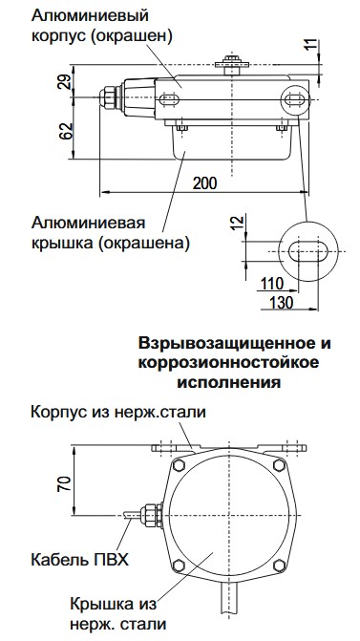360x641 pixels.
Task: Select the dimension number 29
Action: (66, 83)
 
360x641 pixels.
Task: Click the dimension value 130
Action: (280, 302)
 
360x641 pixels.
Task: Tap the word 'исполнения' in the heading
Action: (226, 382)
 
